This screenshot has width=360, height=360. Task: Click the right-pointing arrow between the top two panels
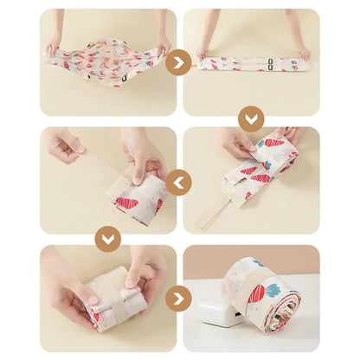[179, 62]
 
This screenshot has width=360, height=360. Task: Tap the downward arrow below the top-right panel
[250, 119]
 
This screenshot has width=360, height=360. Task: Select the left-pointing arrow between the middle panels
[179, 182]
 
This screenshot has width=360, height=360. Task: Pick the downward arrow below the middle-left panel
[108, 238]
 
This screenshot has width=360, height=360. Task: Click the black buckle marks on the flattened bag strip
[273, 61]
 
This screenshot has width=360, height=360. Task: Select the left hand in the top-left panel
[55, 43]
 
